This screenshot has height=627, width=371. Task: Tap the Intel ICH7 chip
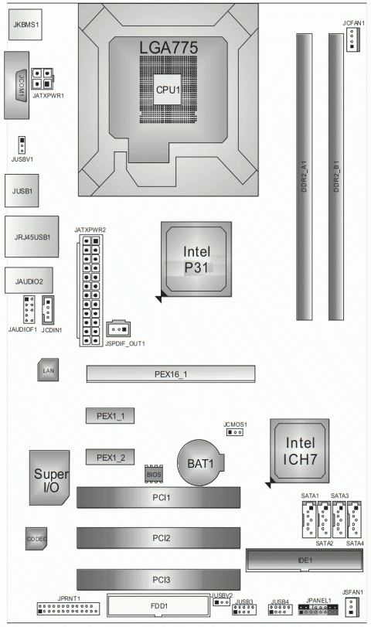point(301,451)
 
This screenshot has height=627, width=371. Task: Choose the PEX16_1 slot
point(170,374)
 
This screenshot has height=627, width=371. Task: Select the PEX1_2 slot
point(111,458)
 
